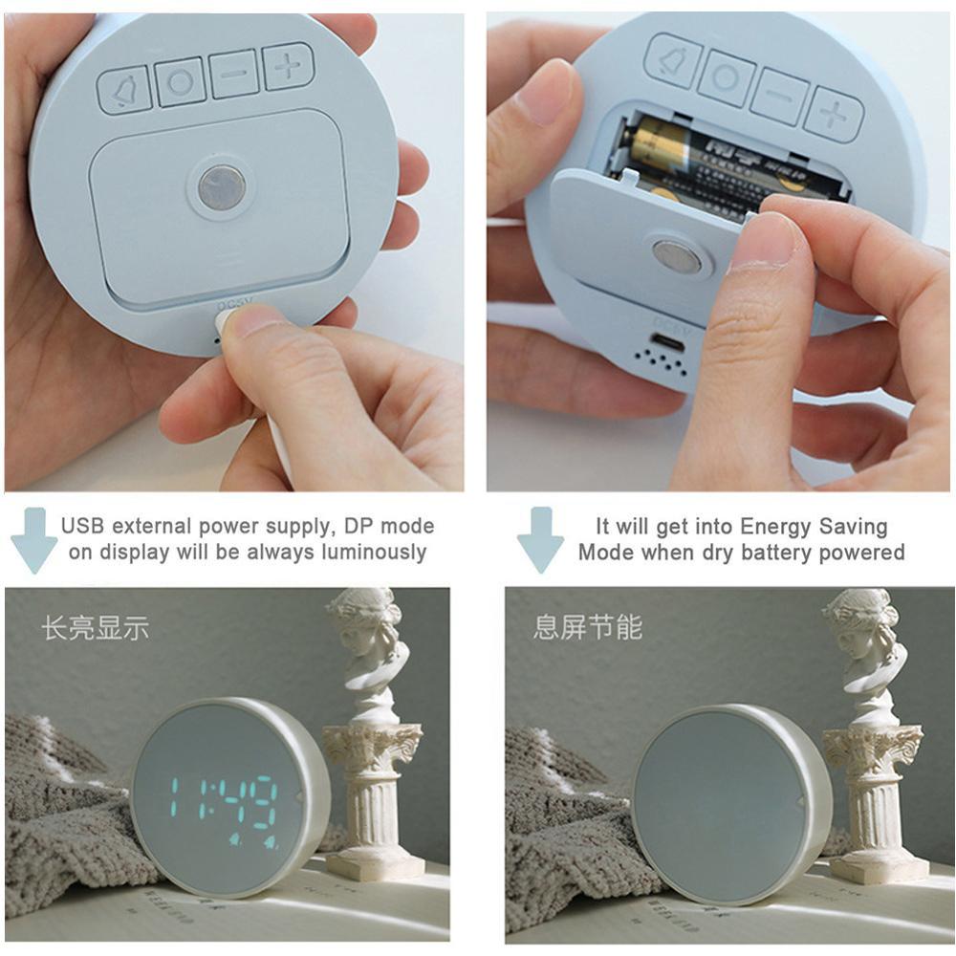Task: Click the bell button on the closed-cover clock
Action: (x=124, y=91)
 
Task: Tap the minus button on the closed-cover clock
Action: (x=234, y=74)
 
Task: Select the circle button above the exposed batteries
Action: (x=727, y=77)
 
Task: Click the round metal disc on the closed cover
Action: (x=222, y=187)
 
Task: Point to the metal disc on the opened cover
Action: (x=677, y=257)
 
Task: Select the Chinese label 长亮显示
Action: (x=95, y=628)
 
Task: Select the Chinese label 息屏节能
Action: (x=587, y=628)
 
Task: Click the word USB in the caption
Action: (x=84, y=526)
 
